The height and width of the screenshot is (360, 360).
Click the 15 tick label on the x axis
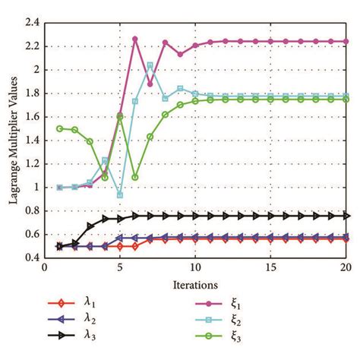(270, 268)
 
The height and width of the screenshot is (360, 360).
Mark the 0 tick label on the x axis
(45, 268)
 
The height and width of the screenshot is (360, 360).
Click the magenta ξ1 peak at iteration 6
(134, 39)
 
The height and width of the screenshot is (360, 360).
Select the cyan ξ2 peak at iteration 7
(150, 65)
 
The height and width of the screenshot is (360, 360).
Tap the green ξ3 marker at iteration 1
(59, 128)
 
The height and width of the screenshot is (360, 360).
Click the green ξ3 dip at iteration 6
(134, 177)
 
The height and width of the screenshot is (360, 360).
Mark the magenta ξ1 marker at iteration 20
(345, 42)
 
